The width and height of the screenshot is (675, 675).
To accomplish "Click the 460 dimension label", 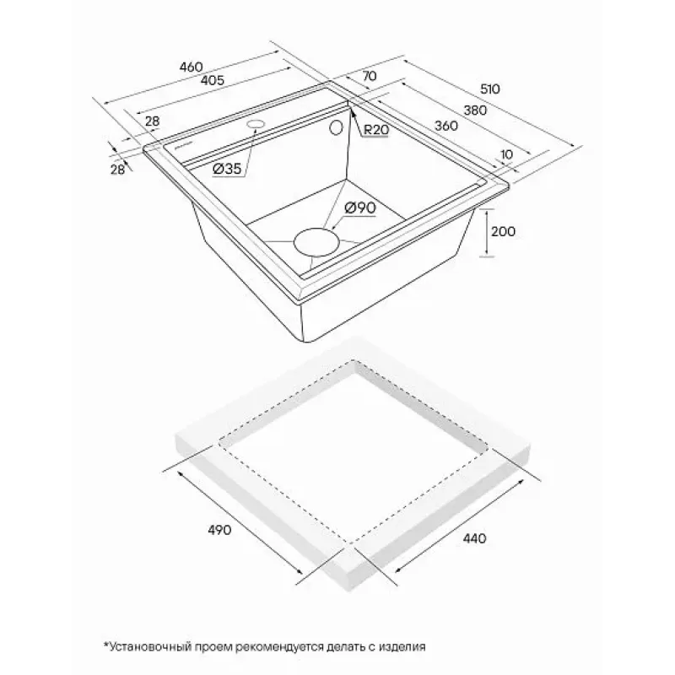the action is click(191, 67).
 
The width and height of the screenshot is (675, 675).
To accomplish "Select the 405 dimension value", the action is click(213, 79).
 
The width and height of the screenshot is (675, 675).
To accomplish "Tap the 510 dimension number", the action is click(490, 89).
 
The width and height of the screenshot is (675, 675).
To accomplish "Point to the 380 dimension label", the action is click(475, 111).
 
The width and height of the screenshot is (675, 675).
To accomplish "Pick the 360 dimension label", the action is click(446, 126).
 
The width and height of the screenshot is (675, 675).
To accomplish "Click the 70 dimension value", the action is click(370, 76).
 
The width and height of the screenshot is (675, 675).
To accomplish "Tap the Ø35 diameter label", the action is click(227, 169).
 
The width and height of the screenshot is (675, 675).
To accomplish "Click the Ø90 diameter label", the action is click(360, 208).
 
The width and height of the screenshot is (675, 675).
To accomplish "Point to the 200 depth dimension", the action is click(503, 231).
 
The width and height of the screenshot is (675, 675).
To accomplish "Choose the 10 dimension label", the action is click(507, 154).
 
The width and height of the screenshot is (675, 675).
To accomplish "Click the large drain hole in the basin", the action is click(315, 243).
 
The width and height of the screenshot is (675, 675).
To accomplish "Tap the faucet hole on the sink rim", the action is click(256, 124).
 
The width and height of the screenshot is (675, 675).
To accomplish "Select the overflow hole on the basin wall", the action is click(335, 127).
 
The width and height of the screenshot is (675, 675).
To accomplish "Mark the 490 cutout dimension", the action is click(219, 530).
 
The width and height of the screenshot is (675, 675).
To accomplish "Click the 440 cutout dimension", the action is click(474, 537).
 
